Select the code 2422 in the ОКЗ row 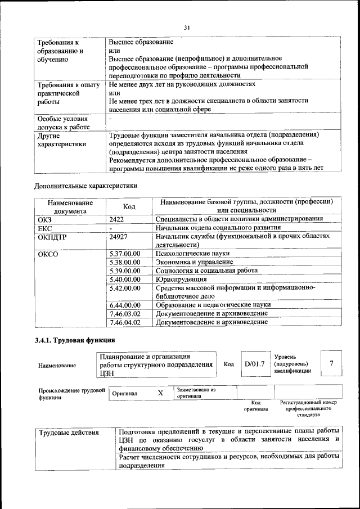pos(117,219)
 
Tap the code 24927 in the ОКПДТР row pos(120,237)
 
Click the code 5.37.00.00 pos(125,254)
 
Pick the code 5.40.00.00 pos(125,279)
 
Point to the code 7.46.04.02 pos(125,322)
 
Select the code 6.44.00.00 pos(125,305)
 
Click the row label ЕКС pos(44,228)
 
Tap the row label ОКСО pos(48,254)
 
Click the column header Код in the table pos(129,206)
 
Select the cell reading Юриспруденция pos(181,279)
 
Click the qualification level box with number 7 pos(332,363)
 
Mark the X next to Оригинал pos(160,393)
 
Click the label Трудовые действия pos(69,433)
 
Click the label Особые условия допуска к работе pos(62,123)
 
